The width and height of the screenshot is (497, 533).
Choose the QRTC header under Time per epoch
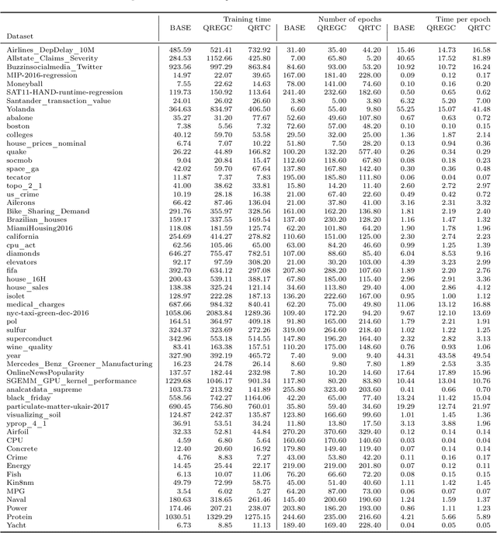(479, 26)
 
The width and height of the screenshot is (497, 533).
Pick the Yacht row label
(16, 524)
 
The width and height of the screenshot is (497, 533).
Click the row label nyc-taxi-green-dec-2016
(48, 313)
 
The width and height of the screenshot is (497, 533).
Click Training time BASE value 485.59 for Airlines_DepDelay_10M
(179, 49)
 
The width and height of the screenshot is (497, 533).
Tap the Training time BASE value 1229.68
(177, 380)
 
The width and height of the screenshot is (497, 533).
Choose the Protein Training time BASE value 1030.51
(177, 516)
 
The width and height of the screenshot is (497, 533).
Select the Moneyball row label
(24, 83)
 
